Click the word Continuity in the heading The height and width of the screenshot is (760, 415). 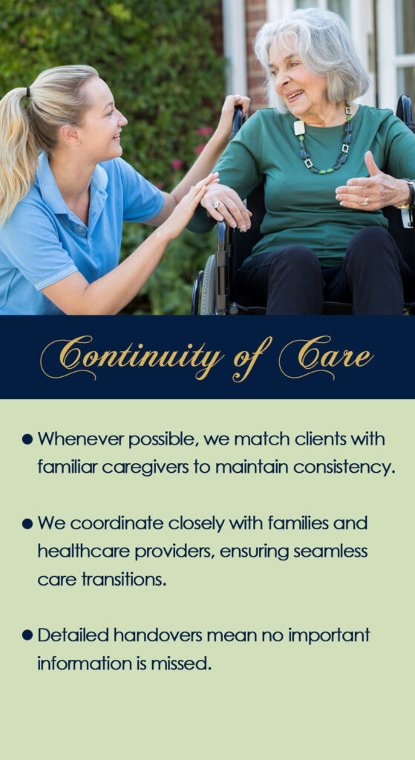click(132, 358)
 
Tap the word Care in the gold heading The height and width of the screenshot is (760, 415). click(326, 357)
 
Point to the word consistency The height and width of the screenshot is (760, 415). click(343, 468)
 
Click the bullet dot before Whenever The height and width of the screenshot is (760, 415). click(27, 440)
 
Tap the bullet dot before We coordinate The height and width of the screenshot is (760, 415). click(27, 524)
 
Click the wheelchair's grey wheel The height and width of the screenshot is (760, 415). click(208, 285)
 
